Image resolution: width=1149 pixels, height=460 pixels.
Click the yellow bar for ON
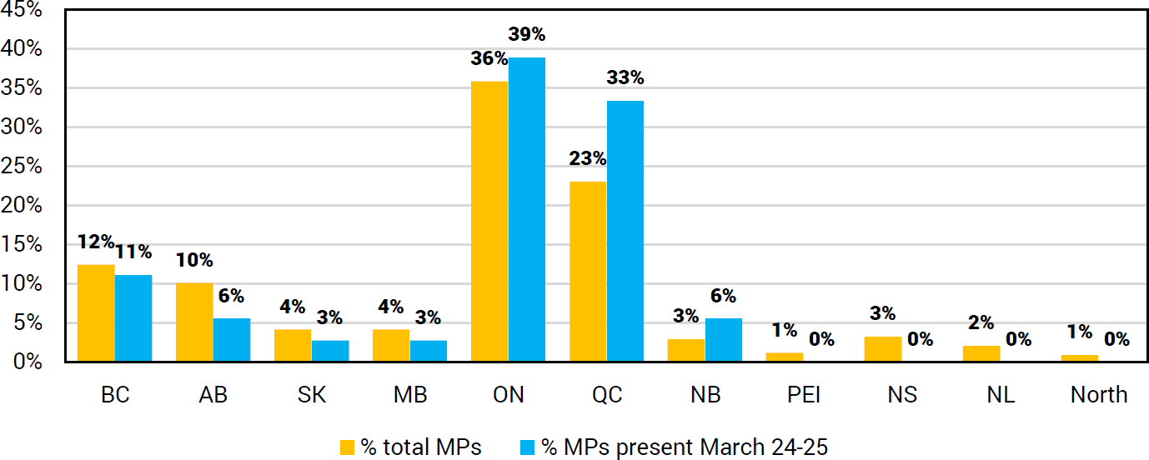[x=489, y=222]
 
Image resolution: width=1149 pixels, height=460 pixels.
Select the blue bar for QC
[x=625, y=231]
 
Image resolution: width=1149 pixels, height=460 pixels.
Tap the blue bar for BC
[x=133, y=318]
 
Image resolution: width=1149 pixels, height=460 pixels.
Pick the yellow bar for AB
[x=194, y=322]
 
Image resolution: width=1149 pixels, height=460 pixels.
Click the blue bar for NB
[x=724, y=340]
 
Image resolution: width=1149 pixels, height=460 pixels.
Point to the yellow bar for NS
[x=882, y=349]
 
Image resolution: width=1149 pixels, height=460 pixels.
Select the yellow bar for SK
[x=293, y=345]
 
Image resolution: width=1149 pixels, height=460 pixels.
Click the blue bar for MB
[x=429, y=351]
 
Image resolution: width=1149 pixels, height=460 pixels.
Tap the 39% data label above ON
[x=527, y=34]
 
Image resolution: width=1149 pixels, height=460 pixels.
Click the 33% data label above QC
[x=625, y=77]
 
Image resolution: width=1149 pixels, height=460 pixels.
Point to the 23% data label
[x=588, y=158]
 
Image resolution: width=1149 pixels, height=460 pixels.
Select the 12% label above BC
[x=96, y=242]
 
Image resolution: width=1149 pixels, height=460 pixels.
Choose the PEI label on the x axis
[x=804, y=394]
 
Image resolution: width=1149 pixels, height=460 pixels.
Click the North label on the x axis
[x=1098, y=394]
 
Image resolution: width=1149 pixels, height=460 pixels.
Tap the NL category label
[x=1001, y=394]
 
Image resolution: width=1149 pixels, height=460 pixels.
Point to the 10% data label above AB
[x=194, y=260]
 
